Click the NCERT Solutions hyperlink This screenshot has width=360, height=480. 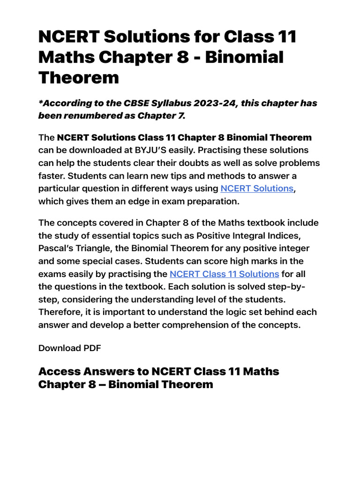click(257, 188)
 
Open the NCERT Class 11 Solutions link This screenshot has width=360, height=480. click(224, 274)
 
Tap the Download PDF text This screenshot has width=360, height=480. click(69, 348)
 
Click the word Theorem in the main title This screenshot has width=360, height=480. click(78, 77)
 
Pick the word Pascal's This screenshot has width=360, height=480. click(57, 248)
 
